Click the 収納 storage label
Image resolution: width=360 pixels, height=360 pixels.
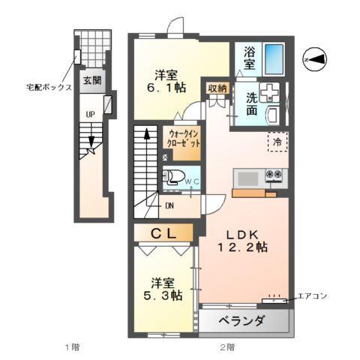click(217, 88)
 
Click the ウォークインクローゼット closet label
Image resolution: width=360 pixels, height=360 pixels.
click(183, 142)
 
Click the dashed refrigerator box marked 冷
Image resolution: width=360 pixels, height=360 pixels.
click(277, 141)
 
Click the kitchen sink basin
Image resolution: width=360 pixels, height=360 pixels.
click(247, 179)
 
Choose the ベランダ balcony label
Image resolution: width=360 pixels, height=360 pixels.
click(241, 322)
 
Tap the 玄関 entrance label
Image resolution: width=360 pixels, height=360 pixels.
click(92, 80)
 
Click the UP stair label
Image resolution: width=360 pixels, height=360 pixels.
click(90, 115)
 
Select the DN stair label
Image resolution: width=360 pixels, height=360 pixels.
click(170, 206)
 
